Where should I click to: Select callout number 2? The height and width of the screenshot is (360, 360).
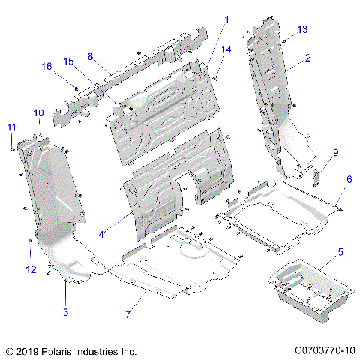pos(308,57)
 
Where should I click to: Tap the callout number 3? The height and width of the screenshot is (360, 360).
pos(66,311)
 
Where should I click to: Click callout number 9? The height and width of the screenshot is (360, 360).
pos(335,152)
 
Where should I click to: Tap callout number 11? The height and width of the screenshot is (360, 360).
pos(10,127)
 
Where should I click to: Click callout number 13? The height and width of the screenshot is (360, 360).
pos(302,29)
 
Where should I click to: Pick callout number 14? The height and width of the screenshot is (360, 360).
pos(226,49)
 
